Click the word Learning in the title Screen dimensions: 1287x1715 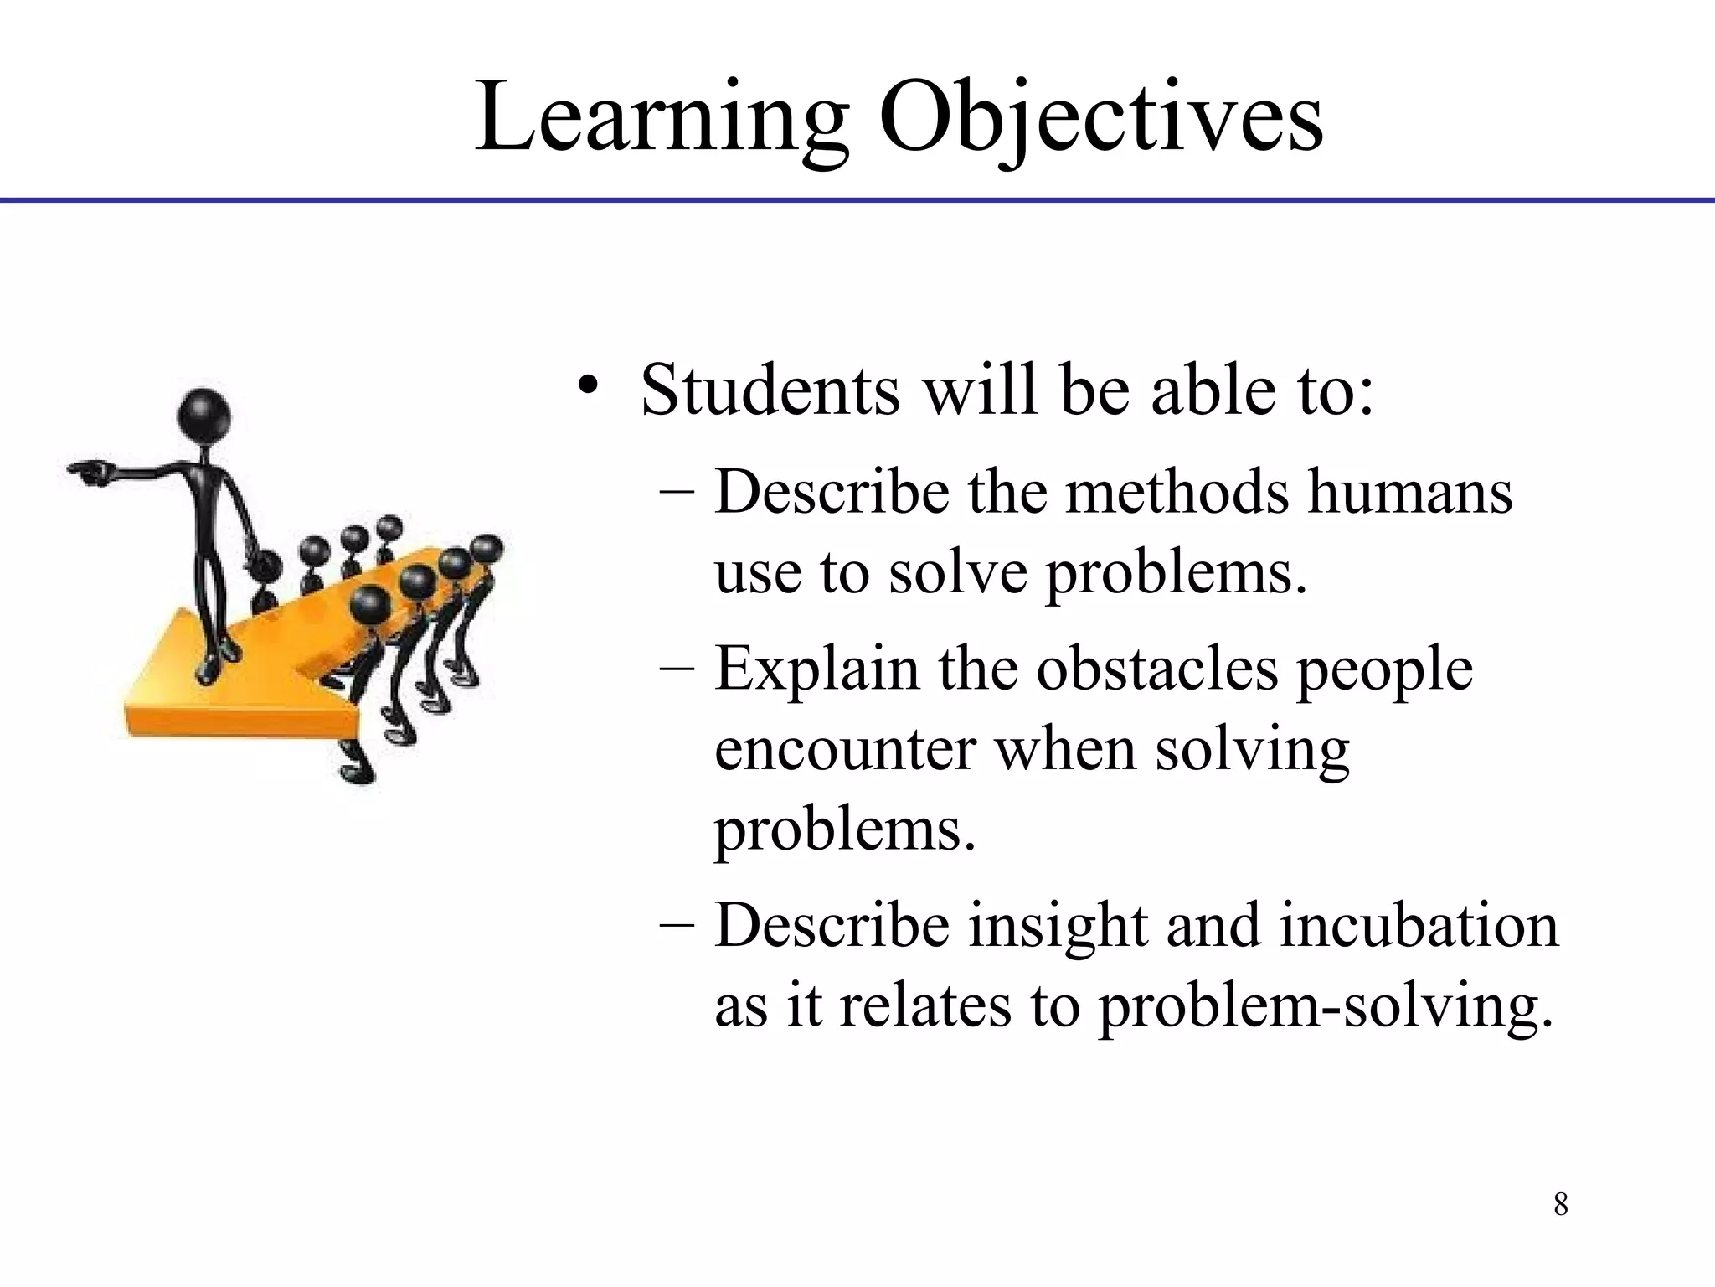[x=662, y=117]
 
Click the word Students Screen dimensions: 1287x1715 [x=770, y=390]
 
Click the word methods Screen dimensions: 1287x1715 [x=1177, y=493]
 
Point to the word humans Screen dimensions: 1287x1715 [x=1410, y=493]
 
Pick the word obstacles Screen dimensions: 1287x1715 [x=1156, y=670]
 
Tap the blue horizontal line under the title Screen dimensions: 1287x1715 [x=857, y=201]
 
